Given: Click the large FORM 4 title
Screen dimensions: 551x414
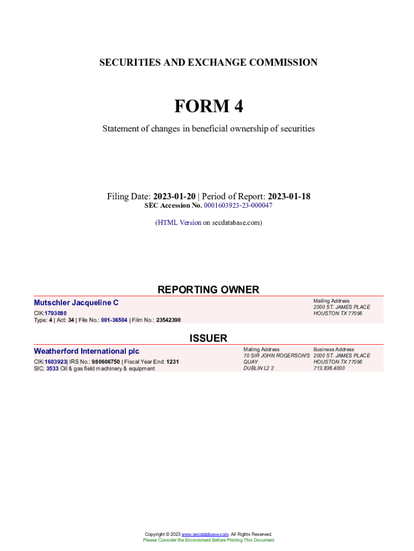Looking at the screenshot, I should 208,107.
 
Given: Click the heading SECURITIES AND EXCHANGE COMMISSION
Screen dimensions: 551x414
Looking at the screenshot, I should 208,62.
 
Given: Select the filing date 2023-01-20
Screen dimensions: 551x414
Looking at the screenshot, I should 174,196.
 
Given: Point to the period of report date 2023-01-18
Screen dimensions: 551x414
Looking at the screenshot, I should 289,196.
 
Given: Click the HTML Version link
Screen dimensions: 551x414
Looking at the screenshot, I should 180,222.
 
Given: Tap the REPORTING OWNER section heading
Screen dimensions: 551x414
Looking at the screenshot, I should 208,289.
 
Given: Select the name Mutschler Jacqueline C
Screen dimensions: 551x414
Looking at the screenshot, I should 76,303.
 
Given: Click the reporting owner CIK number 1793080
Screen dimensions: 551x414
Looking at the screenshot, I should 55,313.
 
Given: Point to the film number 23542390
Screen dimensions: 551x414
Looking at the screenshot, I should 168,320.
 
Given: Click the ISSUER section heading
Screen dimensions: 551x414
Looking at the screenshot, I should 208,338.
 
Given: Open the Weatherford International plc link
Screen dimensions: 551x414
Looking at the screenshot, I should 87,351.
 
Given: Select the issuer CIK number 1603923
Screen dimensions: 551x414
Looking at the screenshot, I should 55,362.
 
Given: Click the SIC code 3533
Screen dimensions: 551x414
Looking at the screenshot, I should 52,369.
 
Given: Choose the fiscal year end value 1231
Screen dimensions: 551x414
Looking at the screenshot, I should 173,362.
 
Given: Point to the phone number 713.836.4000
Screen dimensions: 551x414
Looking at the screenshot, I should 329,369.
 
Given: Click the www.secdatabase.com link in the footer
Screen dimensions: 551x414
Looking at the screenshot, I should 205,534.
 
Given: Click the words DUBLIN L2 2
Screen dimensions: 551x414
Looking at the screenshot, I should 259,369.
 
